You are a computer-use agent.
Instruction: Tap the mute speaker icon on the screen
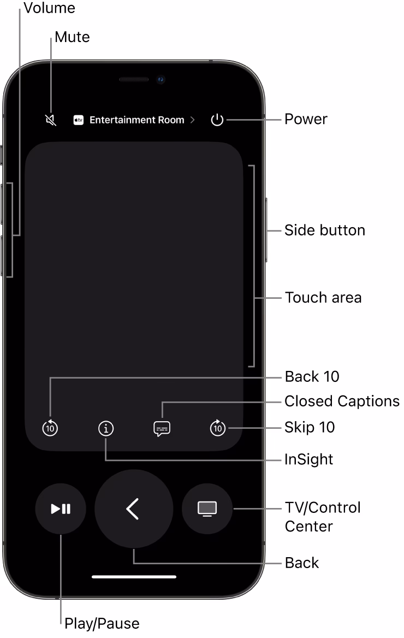(x=51, y=120)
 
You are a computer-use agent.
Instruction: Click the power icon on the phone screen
(x=217, y=120)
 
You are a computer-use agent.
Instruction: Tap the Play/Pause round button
(x=61, y=509)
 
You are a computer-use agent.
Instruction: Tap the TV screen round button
(x=207, y=509)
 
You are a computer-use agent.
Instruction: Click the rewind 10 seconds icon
(x=50, y=428)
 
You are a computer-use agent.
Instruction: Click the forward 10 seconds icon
(x=218, y=428)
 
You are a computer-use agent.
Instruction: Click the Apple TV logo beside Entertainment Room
(x=79, y=120)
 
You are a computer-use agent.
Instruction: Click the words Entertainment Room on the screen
(x=136, y=120)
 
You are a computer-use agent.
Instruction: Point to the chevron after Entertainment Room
(x=192, y=120)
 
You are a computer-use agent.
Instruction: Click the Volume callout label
(x=49, y=8)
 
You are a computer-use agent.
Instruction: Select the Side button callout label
(x=324, y=231)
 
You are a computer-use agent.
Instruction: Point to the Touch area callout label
(x=323, y=298)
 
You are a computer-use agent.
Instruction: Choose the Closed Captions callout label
(x=342, y=401)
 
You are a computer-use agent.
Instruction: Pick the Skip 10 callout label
(x=310, y=427)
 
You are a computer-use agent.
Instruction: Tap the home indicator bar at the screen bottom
(x=134, y=576)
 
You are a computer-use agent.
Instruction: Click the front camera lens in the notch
(x=161, y=80)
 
